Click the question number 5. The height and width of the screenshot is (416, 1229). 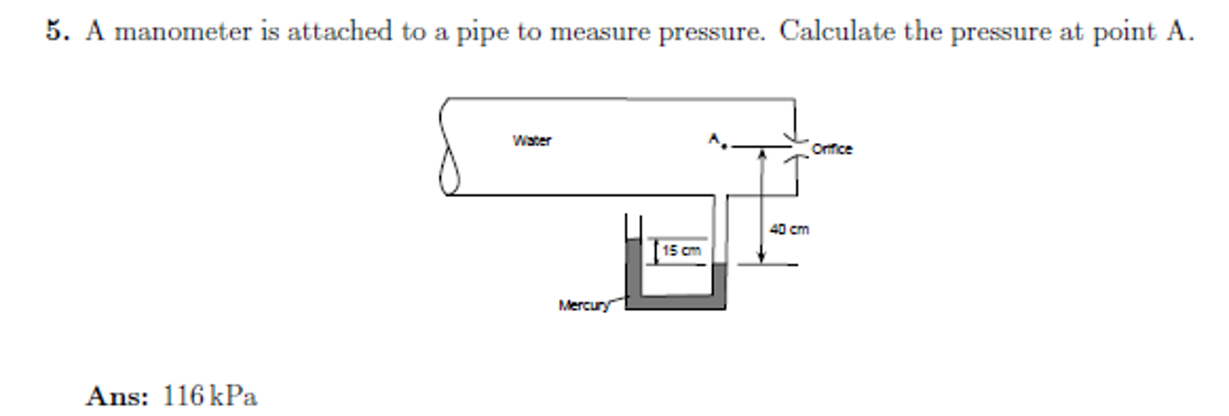pos(57,31)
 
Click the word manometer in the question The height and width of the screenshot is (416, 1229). pos(184,31)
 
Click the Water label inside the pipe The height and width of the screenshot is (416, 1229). pos(532,140)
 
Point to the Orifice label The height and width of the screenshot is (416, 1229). pos(831,149)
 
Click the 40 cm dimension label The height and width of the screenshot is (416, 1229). pos(789,229)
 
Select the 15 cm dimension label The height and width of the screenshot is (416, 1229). pos(681,250)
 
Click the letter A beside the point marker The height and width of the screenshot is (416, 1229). pos(714,139)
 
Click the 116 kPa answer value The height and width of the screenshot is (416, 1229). pos(210,396)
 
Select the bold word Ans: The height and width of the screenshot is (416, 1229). pos(117,396)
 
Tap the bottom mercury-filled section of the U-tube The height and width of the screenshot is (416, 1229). pos(676,303)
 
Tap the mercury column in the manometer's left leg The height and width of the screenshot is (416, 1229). pos(634,267)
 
